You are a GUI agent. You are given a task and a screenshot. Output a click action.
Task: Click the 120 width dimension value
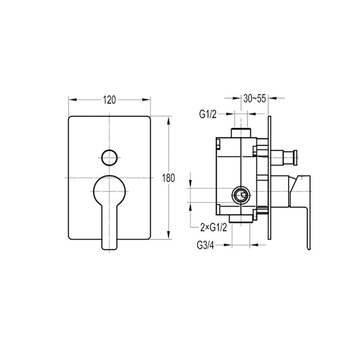(109, 100)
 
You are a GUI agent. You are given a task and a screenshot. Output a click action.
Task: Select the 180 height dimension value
(169, 178)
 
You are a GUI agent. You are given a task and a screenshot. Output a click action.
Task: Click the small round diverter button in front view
(109, 157)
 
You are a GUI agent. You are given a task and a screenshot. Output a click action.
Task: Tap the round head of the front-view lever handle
(109, 190)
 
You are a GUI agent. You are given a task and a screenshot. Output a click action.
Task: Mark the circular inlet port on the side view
(240, 194)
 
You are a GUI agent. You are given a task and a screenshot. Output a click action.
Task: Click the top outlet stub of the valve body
(241, 132)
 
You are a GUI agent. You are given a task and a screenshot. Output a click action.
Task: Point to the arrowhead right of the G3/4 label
(229, 245)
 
